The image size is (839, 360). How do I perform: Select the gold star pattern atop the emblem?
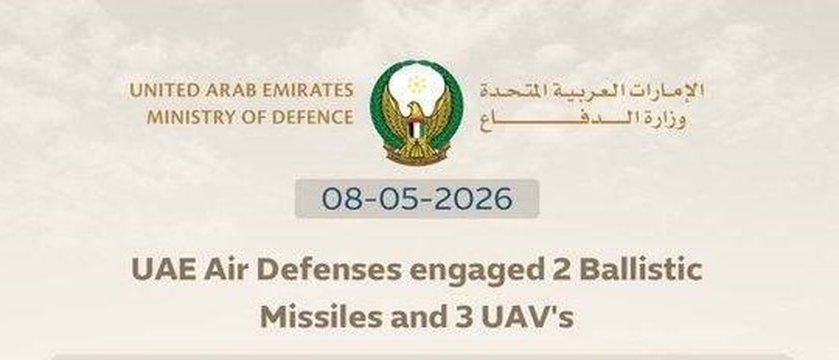coord(416,85)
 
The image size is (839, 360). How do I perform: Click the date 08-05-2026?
coord(417,199)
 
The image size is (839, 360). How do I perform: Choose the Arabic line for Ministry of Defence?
coord(582,120)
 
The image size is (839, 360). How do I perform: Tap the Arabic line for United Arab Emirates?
coord(591,91)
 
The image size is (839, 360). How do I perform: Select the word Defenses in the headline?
coord(329,271)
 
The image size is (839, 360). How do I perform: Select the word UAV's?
coord(527,317)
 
